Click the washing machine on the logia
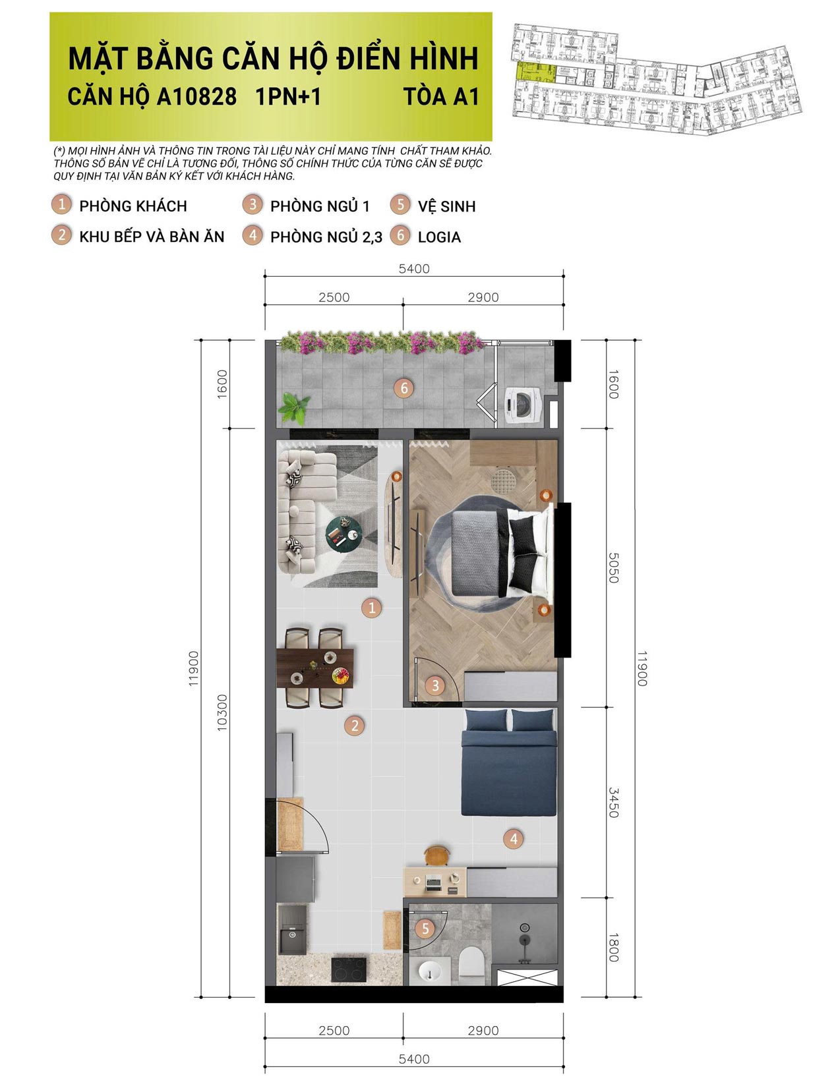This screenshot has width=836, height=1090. tap(523, 403)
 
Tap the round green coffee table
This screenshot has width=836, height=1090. tap(343, 533)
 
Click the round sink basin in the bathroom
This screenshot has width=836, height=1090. tap(433, 971)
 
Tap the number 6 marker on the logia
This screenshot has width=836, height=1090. tap(405, 388)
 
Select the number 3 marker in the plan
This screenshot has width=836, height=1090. tap(434, 685)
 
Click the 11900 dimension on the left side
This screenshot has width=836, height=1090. tap(193, 668)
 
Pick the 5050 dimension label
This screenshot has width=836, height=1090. tap(613, 567)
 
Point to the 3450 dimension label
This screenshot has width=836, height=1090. tap(613, 802)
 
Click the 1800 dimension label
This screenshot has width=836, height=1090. tap(613, 947)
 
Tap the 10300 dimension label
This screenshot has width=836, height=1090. tap(222, 711)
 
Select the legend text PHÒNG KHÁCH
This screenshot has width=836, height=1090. tap(133, 206)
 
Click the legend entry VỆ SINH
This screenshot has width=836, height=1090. tap(446, 206)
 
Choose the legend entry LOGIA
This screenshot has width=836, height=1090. tap(438, 237)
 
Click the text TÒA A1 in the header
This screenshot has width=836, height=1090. tap(441, 97)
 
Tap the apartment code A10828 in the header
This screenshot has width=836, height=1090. tap(196, 97)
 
